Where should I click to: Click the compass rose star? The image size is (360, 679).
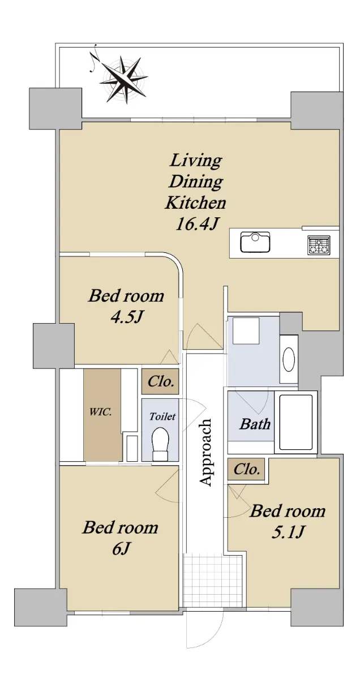tap(125, 79)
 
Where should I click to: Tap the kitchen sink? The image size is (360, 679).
tap(255, 242)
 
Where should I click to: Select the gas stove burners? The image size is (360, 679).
tap(319, 245)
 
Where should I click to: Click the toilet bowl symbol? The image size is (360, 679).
tap(160, 444)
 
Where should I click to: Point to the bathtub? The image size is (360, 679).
tap(295, 422)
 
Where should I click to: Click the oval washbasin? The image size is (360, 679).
tap(289, 359)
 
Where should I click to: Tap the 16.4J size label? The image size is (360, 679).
tap(196, 224)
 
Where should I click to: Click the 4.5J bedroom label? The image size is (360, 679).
tap(126, 317)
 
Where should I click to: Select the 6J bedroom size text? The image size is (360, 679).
tap(121, 548)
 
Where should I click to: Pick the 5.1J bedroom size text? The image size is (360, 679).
tap(288, 532)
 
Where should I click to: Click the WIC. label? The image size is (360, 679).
tap(100, 412)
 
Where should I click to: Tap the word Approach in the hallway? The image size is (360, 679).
tap(205, 452)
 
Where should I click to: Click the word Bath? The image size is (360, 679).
tap(255, 424)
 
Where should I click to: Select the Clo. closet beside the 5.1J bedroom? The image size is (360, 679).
tap(246, 470)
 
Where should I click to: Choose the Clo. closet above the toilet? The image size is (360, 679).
tap(160, 381)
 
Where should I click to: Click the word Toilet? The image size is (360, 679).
tap(162, 416)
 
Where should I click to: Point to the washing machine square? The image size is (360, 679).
tap(246, 330)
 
